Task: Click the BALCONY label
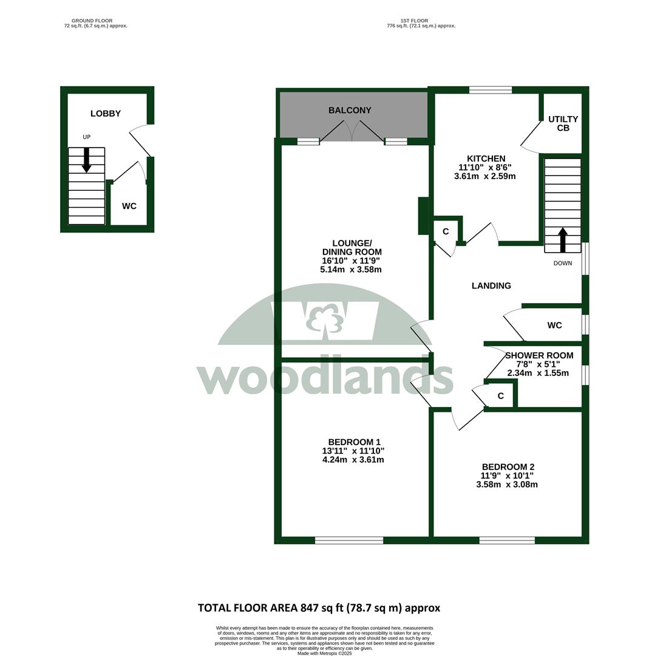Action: [x=350, y=111]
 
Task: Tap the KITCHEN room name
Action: [x=486, y=159]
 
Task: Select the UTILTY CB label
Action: [x=563, y=123]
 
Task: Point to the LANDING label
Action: [x=491, y=285]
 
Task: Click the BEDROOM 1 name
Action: [x=354, y=442]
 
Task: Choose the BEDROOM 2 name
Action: [x=508, y=467]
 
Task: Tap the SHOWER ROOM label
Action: [x=539, y=355]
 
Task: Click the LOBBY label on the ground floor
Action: [x=106, y=114]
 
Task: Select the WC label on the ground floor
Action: [x=129, y=207]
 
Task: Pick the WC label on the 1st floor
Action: [x=554, y=326]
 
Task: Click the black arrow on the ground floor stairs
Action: [x=87, y=160]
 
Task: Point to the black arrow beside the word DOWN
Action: [x=563, y=240]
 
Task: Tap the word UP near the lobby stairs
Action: [x=87, y=137]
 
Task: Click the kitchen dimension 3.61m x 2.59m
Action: [x=484, y=176]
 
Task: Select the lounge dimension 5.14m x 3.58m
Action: [x=351, y=270]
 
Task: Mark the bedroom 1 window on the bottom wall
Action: [x=348, y=541]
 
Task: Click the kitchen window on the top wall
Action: [x=490, y=89]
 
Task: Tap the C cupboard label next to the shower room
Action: [x=500, y=396]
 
